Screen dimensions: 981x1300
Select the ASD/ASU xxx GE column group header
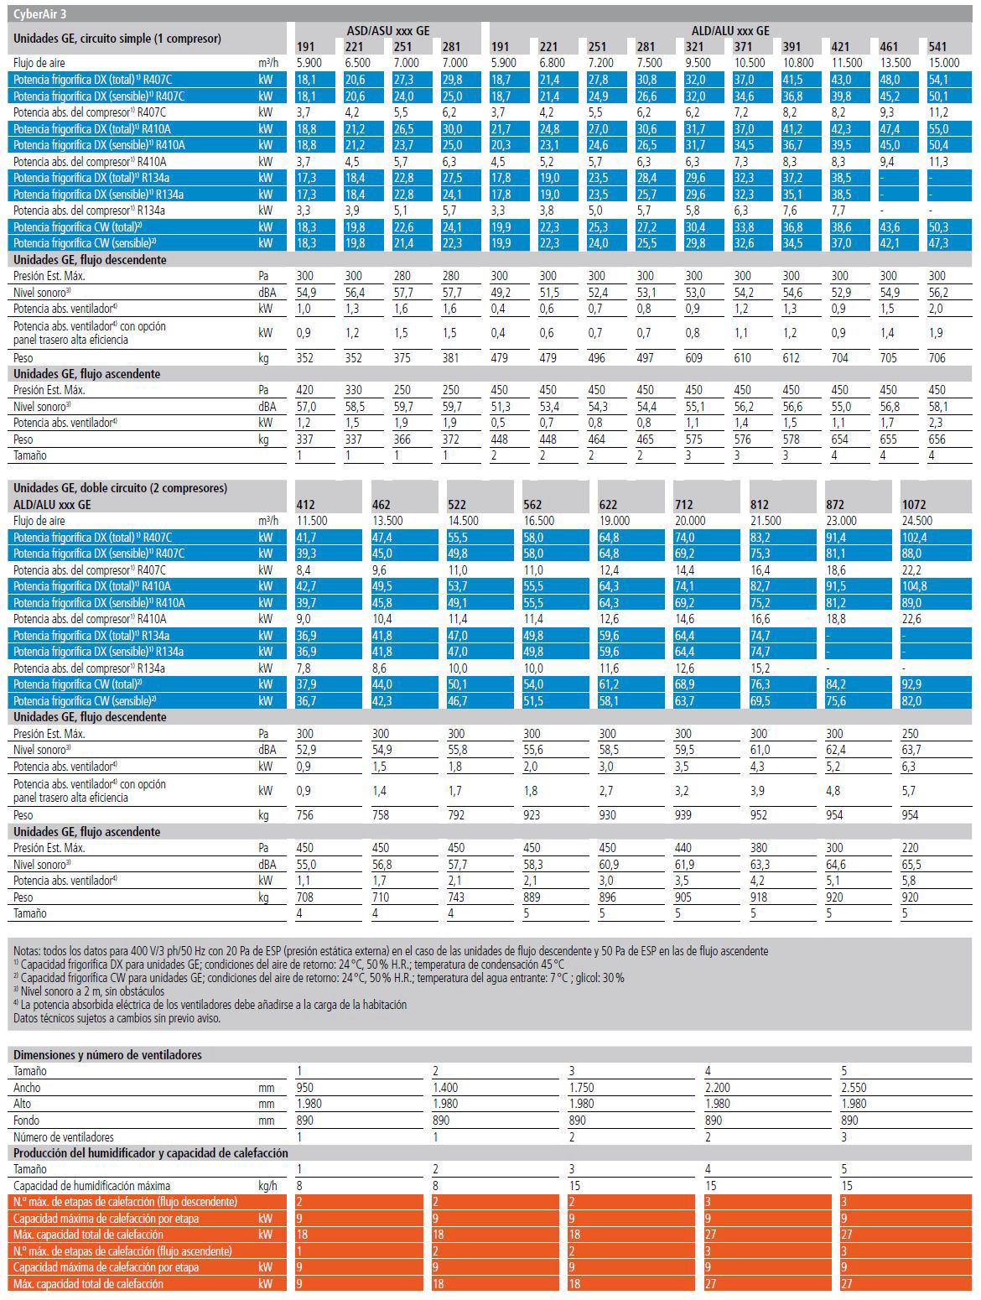[387, 31]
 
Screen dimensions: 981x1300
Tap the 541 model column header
[937, 47]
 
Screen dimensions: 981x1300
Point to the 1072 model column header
[914, 505]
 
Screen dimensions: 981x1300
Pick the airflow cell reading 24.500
[917, 521]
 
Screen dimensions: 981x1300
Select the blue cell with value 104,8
[914, 586]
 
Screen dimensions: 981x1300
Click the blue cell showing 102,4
[914, 537]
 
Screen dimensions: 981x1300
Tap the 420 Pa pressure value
[305, 390]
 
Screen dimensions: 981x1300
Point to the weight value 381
[450, 358]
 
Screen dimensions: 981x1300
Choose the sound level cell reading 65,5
[911, 864]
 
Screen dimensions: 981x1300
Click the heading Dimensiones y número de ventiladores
[108, 1054]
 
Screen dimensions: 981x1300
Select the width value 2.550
[854, 1087]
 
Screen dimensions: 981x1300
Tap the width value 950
[305, 1087]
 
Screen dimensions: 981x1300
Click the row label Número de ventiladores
[64, 1136]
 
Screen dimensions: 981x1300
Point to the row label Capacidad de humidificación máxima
[91, 1186]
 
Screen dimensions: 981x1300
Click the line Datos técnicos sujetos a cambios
[117, 1018]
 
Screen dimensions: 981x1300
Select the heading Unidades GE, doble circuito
[120, 488]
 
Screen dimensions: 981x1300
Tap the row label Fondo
[26, 1120]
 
